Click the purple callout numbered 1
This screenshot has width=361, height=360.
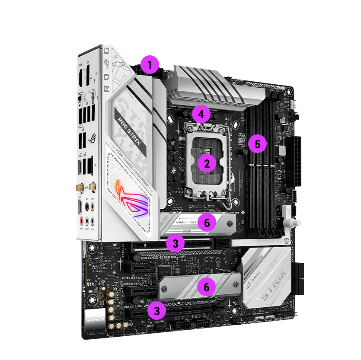[x=150, y=66]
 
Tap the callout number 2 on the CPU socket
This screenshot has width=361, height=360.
[x=207, y=164]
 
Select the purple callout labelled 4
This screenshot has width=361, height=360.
[x=201, y=115]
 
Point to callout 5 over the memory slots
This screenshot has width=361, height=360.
[x=258, y=144]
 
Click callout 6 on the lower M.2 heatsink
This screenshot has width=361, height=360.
[x=207, y=287]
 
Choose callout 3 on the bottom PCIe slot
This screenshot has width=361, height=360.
[x=157, y=310]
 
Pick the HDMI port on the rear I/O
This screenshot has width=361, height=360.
[x=81, y=77]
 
